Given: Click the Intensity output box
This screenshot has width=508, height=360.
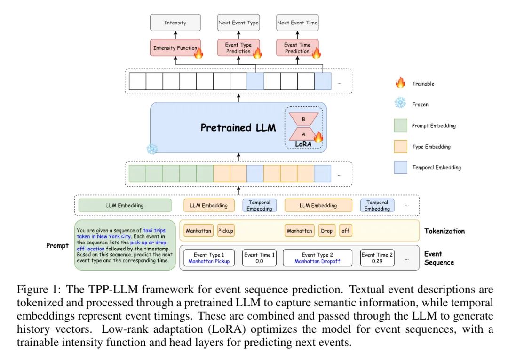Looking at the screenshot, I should [x=175, y=23].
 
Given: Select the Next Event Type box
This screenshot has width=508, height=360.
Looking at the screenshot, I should [x=238, y=23].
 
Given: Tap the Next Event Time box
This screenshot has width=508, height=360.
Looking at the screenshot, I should [x=297, y=23].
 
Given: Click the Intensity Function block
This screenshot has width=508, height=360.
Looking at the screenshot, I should [x=175, y=48].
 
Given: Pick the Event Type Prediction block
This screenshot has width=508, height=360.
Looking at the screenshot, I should [x=238, y=48].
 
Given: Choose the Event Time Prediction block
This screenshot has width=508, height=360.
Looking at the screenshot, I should [x=297, y=48].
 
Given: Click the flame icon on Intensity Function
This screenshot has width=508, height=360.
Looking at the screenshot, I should [x=198, y=53].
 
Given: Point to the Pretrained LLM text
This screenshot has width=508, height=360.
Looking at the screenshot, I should [x=238, y=127].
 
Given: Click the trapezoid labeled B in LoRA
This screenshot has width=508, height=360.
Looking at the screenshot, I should [x=303, y=119].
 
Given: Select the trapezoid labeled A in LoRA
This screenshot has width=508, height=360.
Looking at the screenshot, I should [x=303, y=133].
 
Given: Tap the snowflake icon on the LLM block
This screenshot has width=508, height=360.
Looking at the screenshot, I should [x=152, y=149].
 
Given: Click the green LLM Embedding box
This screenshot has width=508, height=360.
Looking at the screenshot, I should [x=125, y=205].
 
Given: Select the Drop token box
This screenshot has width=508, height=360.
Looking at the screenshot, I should [x=326, y=231].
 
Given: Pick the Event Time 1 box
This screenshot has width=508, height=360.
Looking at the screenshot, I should [x=259, y=258].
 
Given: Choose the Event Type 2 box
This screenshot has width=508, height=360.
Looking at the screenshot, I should [x=317, y=258].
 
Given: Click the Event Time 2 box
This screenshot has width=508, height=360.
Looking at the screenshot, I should [x=377, y=258].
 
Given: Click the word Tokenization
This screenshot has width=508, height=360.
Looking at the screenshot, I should [x=444, y=231].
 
